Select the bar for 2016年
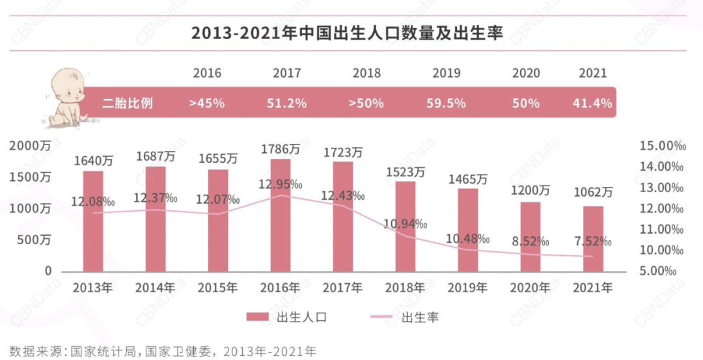(280, 215)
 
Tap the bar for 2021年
(592, 238)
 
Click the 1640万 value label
(93, 159)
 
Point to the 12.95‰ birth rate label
(281, 184)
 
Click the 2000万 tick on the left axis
(29, 146)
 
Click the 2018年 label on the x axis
(405, 287)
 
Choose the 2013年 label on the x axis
(93, 287)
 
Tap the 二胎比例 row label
(128, 103)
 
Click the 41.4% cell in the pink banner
(592, 103)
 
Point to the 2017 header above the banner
(287, 73)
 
